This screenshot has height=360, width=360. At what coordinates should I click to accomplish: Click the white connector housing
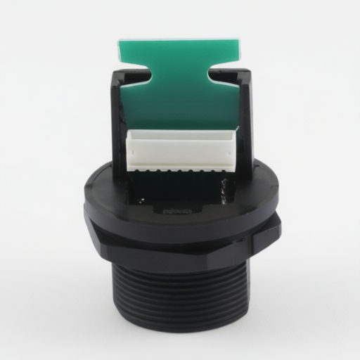(181, 148)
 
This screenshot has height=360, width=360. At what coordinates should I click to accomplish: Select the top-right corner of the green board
(241, 42)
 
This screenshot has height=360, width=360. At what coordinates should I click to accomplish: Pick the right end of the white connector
(236, 144)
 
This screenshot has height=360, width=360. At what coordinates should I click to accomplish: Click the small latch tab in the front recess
(176, 209)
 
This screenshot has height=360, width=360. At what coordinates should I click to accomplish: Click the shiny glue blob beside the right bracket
(225, 188)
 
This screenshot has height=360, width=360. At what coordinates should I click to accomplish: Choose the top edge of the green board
(180, 40)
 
